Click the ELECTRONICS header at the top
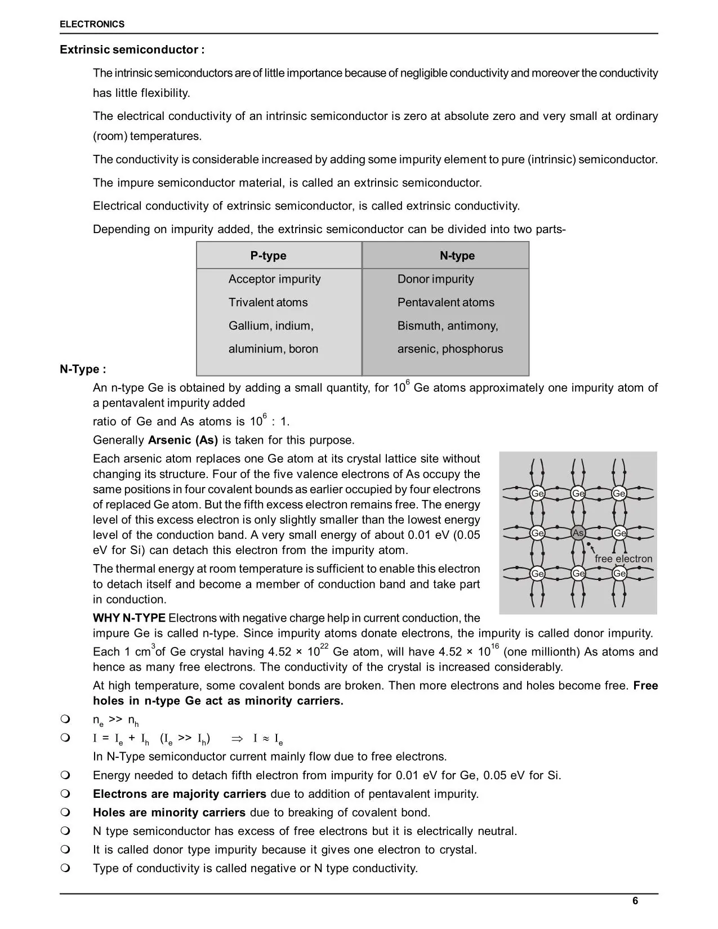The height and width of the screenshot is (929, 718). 92,24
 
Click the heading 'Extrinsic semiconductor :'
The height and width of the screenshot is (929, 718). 132,50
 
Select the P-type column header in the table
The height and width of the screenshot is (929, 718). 268,256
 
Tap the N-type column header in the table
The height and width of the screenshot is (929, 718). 457,256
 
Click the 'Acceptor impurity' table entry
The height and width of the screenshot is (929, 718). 274,279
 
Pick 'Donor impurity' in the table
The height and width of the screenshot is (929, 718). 435,279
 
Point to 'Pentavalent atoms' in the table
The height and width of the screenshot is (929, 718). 445,302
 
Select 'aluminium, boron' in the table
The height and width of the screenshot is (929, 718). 273,349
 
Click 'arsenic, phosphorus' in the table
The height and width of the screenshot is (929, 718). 450,349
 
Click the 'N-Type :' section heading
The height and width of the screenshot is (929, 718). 83,369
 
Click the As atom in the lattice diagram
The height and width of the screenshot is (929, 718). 578,533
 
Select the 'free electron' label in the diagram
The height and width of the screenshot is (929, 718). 623,559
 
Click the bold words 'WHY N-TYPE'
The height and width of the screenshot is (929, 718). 129,618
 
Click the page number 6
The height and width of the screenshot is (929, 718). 635,901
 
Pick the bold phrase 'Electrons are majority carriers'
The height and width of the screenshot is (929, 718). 180,794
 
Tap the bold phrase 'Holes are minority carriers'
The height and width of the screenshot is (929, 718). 169,812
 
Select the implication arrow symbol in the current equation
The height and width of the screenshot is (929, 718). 236,739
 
